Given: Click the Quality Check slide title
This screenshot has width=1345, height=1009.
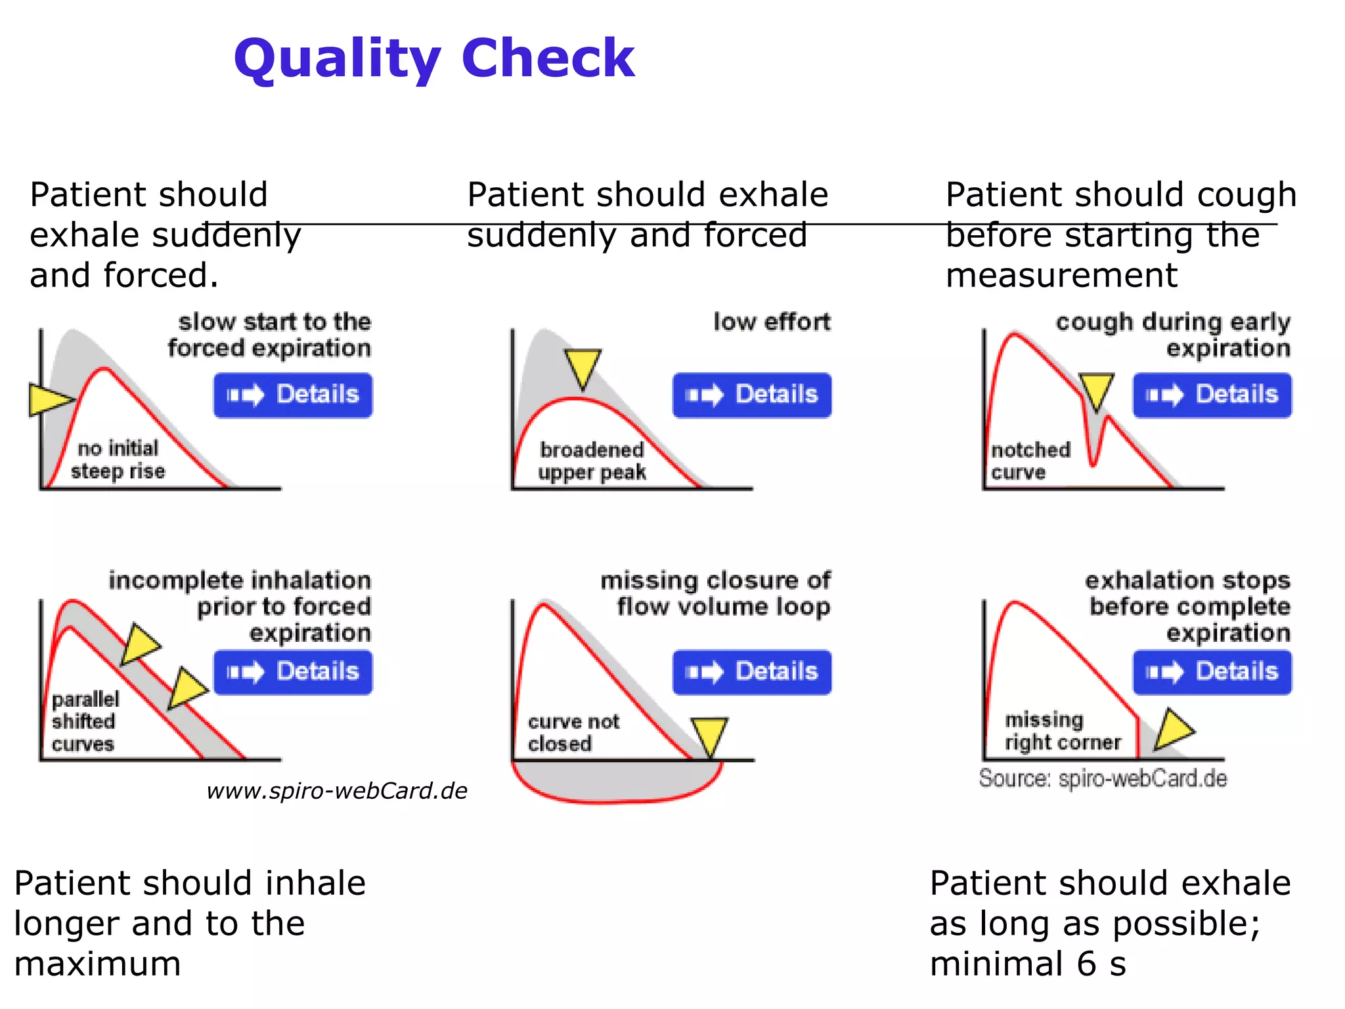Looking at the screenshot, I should click(434, 59).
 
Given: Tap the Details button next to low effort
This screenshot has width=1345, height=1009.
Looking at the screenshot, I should click(752, 395).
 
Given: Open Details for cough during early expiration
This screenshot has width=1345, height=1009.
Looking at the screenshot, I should click(1212, 395).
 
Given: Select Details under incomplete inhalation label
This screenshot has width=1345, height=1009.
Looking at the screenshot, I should click(293, 672).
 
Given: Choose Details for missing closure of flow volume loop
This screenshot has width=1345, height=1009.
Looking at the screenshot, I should click(752, 672).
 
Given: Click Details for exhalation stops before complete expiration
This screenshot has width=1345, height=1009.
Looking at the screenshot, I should click(1212, 672).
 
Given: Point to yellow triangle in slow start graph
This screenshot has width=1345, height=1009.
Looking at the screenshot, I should click(47, 399).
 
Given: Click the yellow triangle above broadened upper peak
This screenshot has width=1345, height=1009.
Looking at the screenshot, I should click(583, 367).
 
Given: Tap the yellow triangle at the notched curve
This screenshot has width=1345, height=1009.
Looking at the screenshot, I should click(1096, 390).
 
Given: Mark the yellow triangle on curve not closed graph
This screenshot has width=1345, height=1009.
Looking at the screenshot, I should click(709, 734).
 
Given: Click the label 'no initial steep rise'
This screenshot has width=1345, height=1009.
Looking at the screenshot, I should click(118, 460).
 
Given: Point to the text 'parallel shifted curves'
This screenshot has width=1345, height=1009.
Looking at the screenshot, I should click(84, 721).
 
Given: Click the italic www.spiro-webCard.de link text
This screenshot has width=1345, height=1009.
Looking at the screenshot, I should click(336, 791).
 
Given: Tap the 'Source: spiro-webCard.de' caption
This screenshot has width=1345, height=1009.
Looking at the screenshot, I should click(1103, 778).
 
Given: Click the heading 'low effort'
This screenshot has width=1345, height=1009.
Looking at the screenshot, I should click(772, 322).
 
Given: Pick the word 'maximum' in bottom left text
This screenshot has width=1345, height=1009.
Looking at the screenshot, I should click(97, 964).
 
